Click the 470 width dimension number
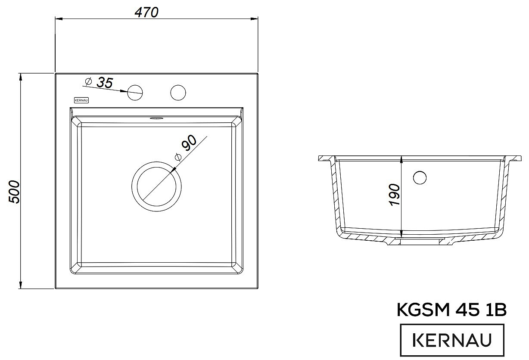tap(146, 12)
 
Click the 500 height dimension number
tap(14, 192)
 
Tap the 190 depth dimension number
tap(394, 195)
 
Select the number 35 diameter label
tap(105, 83)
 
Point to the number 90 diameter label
tap(189, 143)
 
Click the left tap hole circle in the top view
tap(135, 93)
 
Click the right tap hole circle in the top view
tap(178, 93)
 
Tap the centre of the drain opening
tap(156, 186)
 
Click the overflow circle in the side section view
tap(420, 177)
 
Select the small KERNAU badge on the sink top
tap(81, 100)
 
